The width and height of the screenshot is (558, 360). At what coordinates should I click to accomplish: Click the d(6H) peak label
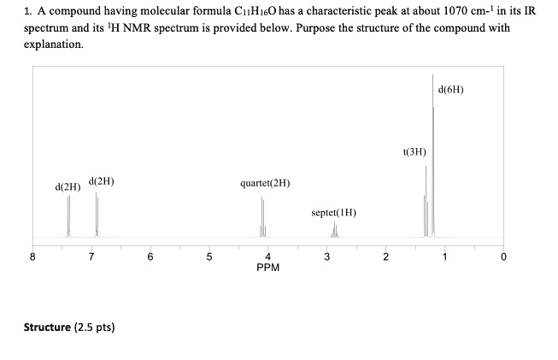coord(449,89)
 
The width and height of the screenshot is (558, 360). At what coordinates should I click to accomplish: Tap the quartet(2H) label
coord(266,182)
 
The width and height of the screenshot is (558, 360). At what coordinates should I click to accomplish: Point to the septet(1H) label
coord(333,211)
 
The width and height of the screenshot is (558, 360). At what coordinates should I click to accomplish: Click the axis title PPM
coord(268,267)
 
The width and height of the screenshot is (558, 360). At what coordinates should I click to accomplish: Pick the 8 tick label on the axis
coord(33,256)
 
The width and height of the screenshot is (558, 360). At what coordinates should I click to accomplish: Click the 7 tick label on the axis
coord(92,256)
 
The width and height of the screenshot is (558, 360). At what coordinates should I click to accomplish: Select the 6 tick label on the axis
coord(150,256)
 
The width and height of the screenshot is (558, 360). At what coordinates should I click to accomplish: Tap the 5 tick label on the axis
coord(209,256)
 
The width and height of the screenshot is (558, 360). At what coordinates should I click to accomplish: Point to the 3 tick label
coord(326,256)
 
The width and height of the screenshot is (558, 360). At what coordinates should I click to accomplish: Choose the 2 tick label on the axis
coord(385,256)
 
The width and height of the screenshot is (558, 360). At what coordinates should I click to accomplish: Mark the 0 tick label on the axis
coord(503,256)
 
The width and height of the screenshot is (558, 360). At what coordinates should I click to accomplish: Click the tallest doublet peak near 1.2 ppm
coord(433,154)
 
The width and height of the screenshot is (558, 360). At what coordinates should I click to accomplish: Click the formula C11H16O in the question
coord(244,13)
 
